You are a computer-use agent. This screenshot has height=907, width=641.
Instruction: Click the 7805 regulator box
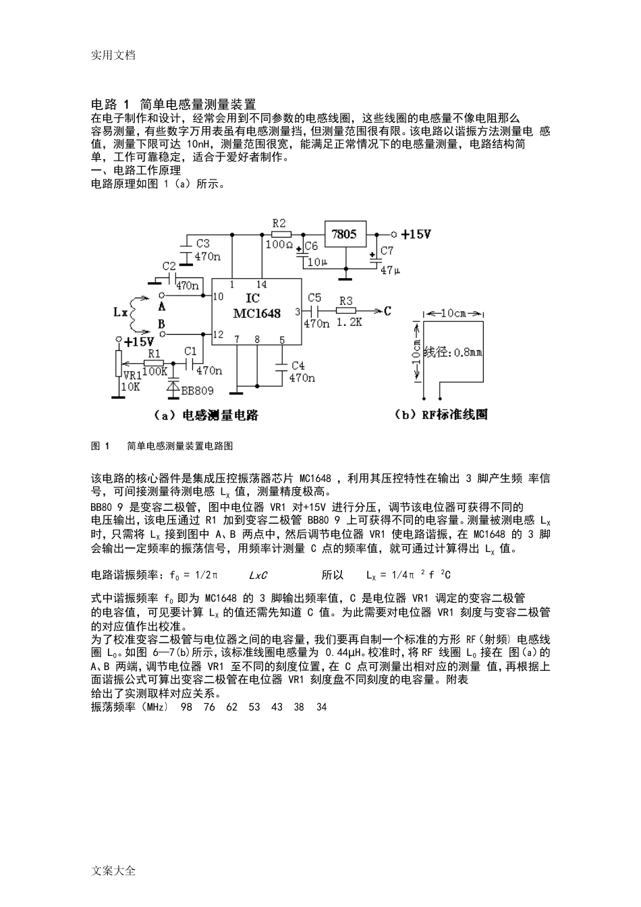click(x=345, y=234)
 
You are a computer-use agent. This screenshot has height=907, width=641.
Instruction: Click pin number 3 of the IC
click(x=298, y=311)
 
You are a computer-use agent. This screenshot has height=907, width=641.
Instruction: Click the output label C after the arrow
click(x=387, y=311)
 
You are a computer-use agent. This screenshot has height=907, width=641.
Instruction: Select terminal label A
click(x=161, y=306)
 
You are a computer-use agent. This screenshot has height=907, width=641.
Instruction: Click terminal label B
click(x=161, y=325)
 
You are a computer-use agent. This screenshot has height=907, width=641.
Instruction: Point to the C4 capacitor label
click(x=298, y=365)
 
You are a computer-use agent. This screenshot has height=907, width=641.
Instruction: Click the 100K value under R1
click(x=155, y=371)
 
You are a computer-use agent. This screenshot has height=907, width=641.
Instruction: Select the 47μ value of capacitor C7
click(x=390, y=270)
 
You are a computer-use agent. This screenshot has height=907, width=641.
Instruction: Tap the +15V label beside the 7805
click(x=416, y=234)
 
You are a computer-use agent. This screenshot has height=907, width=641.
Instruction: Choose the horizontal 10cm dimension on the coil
click(x=453, y=313)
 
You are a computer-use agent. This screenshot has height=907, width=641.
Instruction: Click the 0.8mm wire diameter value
click(x=468, y=351)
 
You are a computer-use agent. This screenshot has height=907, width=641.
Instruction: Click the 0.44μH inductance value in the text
click(x=345, y=653)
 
